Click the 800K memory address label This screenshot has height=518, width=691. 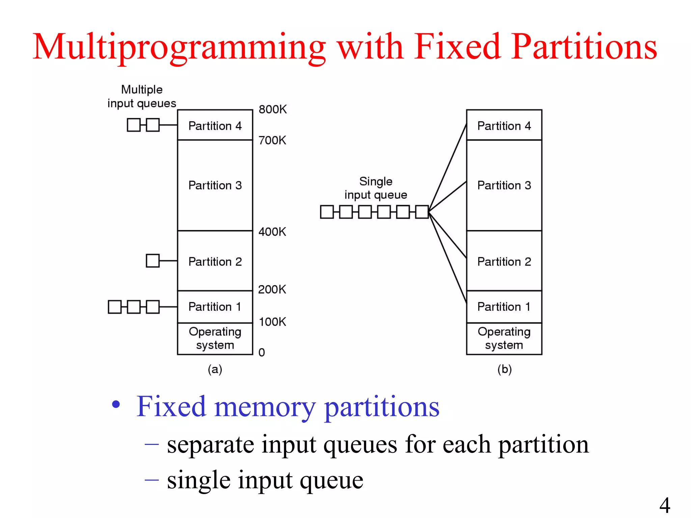[x=273, y=109]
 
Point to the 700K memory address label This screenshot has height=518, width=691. [x=272, y=140]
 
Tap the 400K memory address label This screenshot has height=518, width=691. [x=272, y=232]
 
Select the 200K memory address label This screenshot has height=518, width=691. [x=272, y=289]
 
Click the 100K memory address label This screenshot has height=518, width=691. [x=272, y=322]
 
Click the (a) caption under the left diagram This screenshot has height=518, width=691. [x=215, y=369]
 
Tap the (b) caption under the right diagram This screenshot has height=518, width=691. [x=504, y=369]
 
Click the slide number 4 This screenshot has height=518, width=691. [x=665, y=505]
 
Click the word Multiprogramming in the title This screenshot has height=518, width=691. [x=179, y=47]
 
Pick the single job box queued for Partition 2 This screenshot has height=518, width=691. [x=153, y=261]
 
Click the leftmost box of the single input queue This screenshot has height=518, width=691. [x=327, y=212]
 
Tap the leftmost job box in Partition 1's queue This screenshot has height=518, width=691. [x=115, y=307]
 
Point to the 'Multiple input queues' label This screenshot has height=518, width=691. [x=142, y=96]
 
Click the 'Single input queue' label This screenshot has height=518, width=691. [x=376, y=188]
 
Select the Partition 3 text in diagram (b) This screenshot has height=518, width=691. [x=504, y=185]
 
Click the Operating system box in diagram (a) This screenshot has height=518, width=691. [x=215, y=338]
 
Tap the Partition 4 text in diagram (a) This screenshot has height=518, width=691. [x=215, y=126]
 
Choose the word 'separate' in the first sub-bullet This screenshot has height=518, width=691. [x=210, y=444]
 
